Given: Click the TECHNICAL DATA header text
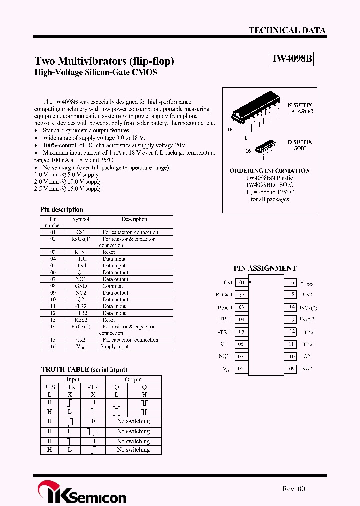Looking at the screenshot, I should pos(287,30).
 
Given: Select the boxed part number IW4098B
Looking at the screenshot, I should pos(292,59).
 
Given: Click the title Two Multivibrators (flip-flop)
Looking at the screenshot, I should pos(104,61).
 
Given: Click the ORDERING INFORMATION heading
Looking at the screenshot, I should pos(269,171).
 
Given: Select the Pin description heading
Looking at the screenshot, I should pos(61,210).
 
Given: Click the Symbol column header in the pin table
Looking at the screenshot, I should pos(81,219).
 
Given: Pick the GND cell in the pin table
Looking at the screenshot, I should pos(81,286).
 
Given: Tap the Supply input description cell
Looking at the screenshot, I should pos(114,347).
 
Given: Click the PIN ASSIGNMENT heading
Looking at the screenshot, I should pos(265,268).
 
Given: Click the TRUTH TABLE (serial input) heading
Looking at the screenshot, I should pos(84,370).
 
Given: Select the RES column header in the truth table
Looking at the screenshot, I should pos(49,387).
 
